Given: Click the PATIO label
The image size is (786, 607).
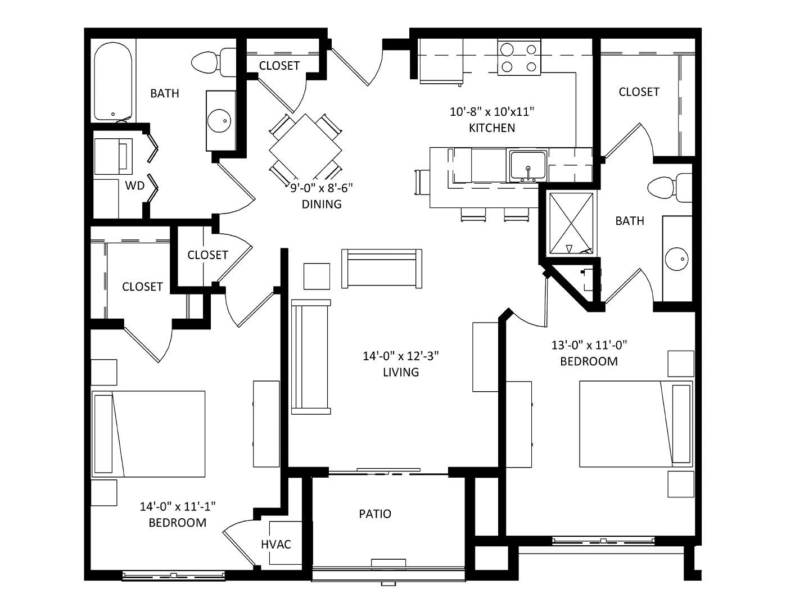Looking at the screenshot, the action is pos(375,514).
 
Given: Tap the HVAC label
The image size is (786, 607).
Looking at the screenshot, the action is pos(276,544).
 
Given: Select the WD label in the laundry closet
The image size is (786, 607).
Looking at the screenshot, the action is pos(134,185).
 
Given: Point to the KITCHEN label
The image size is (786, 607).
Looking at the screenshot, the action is pos(492,128).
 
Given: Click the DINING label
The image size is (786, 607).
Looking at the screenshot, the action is pos(322,204).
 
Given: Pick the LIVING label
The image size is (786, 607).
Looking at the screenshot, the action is pos(401,372).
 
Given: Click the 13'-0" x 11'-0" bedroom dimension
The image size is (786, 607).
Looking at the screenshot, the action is pos(589,345).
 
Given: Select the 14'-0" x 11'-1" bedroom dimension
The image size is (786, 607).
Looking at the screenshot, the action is pos(178,506).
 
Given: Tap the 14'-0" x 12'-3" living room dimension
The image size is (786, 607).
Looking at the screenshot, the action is pos(401,356).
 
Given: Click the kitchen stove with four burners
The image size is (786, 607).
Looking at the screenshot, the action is pos(519,57).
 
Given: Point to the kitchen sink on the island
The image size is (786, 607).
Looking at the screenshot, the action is pos(528,167).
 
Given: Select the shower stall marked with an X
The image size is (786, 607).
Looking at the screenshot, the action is pos(571,224).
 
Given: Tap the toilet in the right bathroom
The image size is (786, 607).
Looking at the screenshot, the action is pos(669,188).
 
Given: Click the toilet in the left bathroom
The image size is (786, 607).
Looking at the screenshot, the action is pos(213,62).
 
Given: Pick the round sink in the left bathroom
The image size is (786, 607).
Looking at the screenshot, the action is pos(220,120).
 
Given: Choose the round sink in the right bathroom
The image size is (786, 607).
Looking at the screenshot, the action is pos(676,259).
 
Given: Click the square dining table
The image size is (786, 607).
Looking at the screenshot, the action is pos(306,150).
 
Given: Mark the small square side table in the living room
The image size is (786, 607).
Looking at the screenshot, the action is pos(317,276).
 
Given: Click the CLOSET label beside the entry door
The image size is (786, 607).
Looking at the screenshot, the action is pos(279,65).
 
